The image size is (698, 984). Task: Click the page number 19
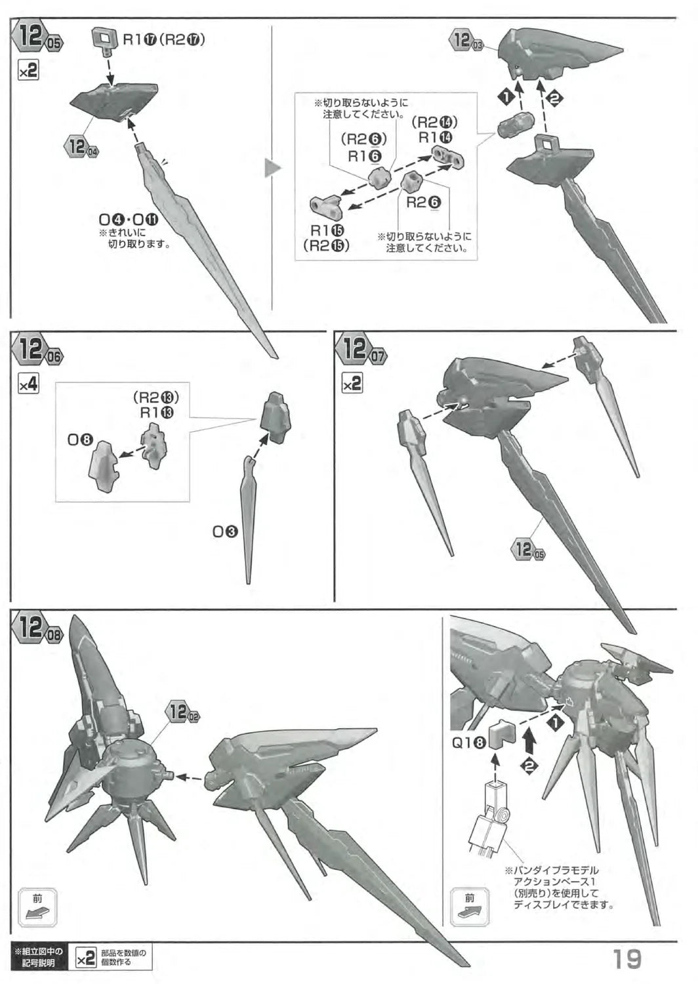pyautogui.click(x=627, y=959)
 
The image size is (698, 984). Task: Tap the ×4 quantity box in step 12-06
pyautogui.click(x=29, y=385)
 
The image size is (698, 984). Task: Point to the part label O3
pyautogui.click(x=225, y=532)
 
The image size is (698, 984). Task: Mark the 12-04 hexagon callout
pyautogui.click(x=82, y=146)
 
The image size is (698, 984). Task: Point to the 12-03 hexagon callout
pyautogui.click(x=466, y=41)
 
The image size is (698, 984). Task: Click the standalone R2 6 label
pyautogui.click(x=424, y=203)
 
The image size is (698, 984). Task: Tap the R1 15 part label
pyautogui.click(x=327, y=230)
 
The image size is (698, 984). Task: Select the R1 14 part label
pyautogui.click(x=436, y=138)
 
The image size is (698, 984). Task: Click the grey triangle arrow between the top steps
pyautogui.click(x=272, y=169)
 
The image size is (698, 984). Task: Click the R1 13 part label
pyautogui.click(x=157, y=413)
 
